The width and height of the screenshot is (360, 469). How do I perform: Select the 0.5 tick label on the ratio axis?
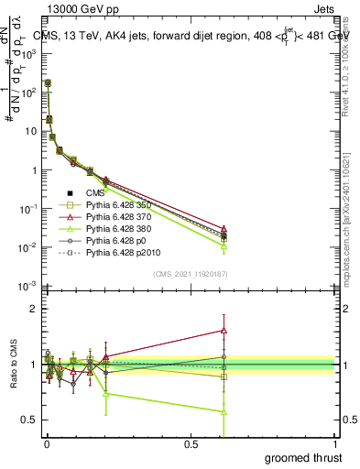[x=29, y=420]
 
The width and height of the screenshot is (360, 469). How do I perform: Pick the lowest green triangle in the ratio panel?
[x=224, y=411]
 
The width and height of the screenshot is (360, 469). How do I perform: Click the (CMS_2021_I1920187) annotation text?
[x=190, y=274]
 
